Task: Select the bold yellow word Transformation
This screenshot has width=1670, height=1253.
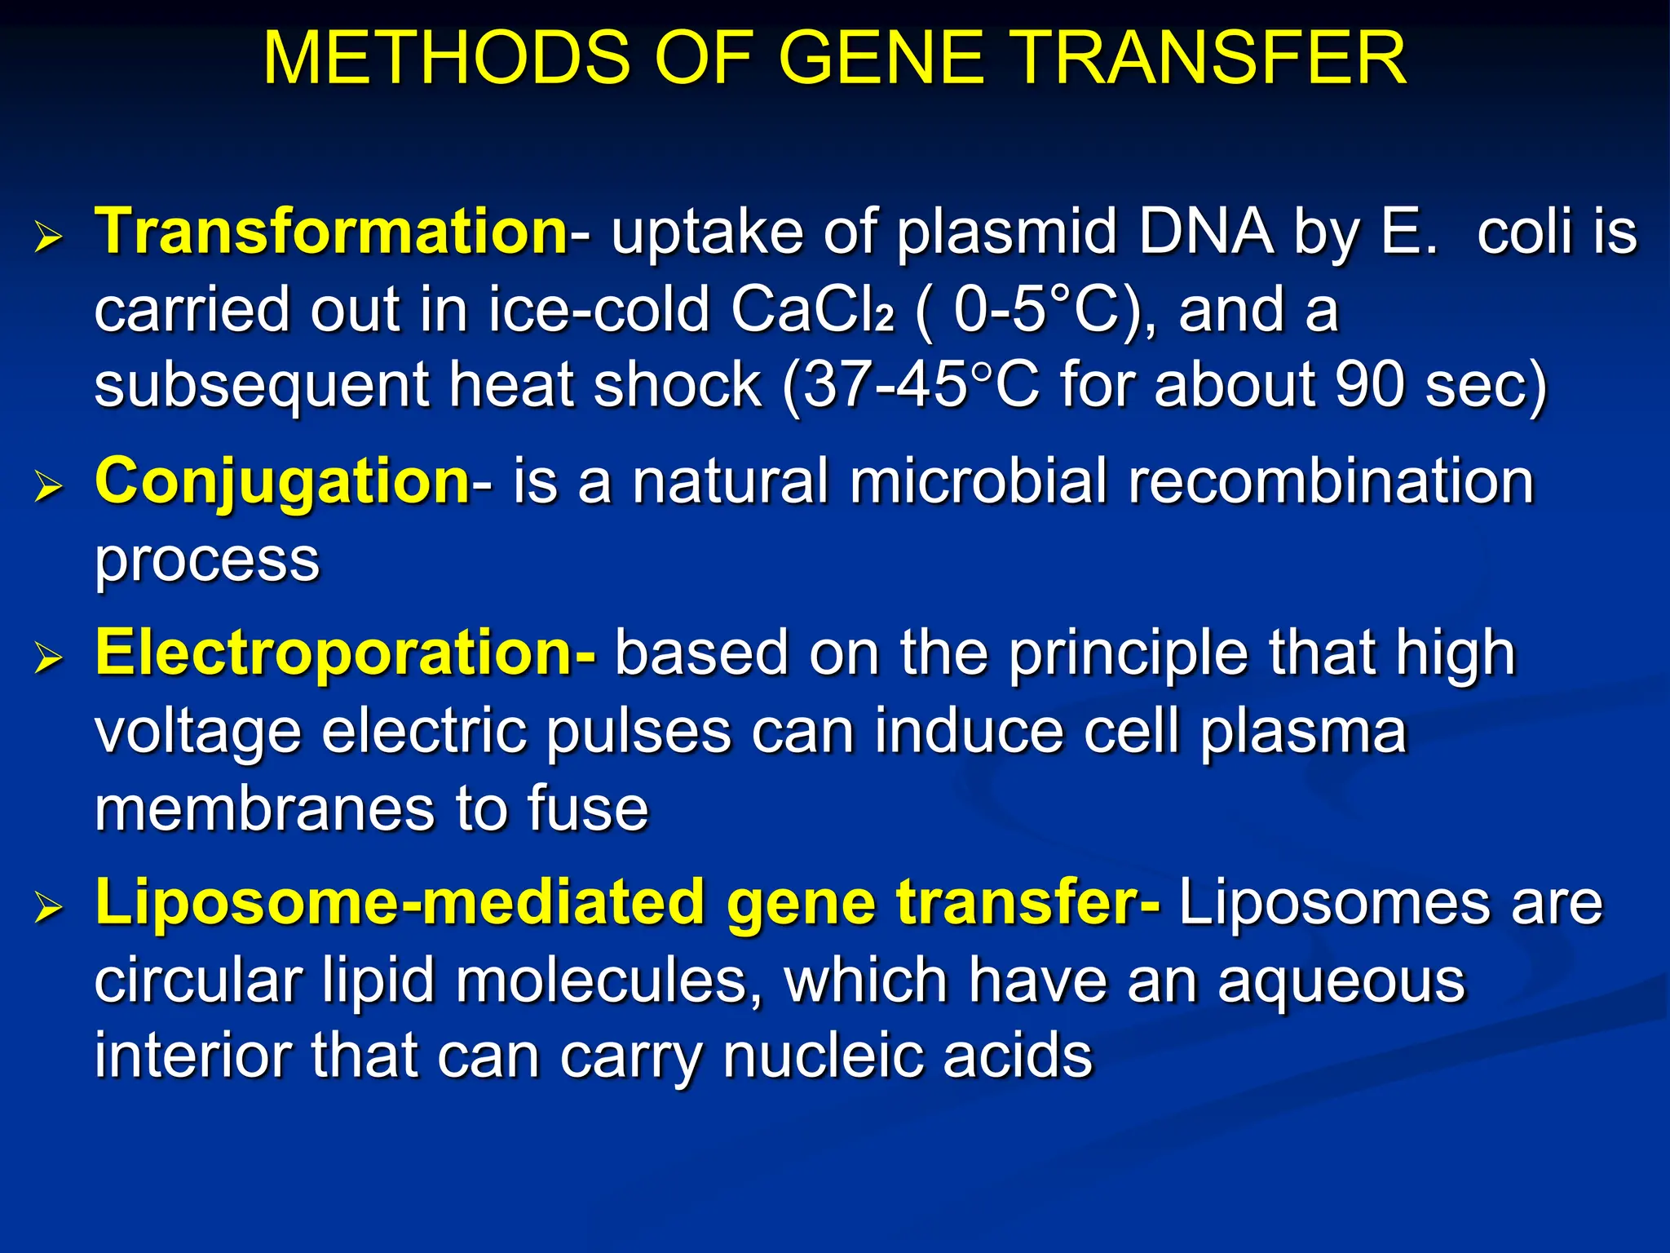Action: pyautogui.click(x=331, y=232)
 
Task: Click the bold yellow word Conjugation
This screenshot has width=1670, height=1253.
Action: pyautogui.click(x=282, y=481)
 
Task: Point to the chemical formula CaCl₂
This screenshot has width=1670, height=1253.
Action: pyautogui.click(x=812, y=310)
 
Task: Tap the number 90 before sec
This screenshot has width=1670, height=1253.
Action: pyautogui.click(x=1369, y=385)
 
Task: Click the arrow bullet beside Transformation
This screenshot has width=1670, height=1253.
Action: pyautogui.click(x=49, y=238)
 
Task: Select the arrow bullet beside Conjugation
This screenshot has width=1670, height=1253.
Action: pyautogui.click(x=49, y=488)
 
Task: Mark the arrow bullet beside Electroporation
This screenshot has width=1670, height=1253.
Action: pyautogui.click(x=49, y=659)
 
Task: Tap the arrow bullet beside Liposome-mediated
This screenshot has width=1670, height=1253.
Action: pyautogui.click(x=49, y=909)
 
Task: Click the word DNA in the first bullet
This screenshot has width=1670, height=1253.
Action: pyautogui.click(x=1205, y=232)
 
